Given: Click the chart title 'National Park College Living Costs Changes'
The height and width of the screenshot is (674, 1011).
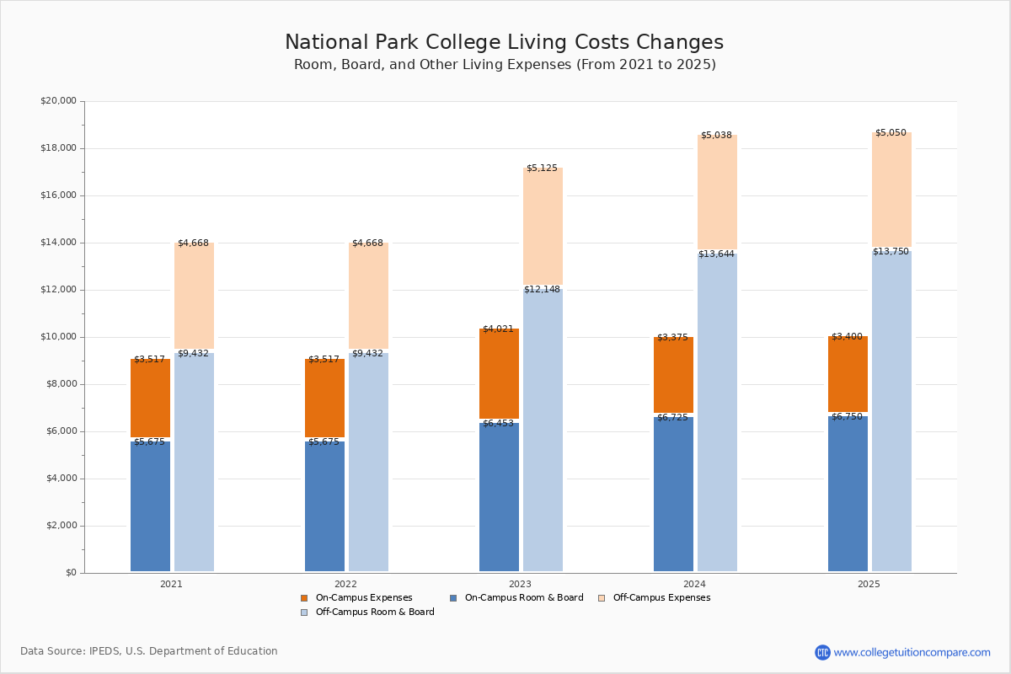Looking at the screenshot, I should (x=504, y=43).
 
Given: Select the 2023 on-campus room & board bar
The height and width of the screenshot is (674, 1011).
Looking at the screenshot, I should (x=499, y=497).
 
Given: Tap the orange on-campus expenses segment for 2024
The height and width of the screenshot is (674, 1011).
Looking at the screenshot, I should (x=673, y=375).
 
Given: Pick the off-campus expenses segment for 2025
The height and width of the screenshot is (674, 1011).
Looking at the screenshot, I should (x=891, y=190).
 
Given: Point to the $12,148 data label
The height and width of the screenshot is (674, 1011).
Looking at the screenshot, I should (x=542, y=290).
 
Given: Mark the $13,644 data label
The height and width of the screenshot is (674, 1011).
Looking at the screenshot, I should (x=716, y=254).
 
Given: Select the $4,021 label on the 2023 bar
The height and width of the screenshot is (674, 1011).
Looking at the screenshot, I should (x=498, y=329).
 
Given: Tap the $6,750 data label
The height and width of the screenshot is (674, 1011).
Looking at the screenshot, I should (x=847, y=417).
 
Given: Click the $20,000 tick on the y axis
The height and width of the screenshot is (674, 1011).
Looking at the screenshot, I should (x=58, y=101).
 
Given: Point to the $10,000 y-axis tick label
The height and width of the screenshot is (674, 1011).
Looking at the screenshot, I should (x=58, y=337).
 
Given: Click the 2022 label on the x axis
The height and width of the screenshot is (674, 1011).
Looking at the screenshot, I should (x=345, y=584).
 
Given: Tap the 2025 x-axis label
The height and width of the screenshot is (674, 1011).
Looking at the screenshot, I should (x=869, y=584).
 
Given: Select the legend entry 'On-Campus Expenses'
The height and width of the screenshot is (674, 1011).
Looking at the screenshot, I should (x=363, y=598).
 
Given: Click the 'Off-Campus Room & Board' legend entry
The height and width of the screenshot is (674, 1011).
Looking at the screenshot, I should (x=374, y=612).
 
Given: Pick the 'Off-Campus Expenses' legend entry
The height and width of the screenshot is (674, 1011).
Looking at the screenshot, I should (x=661, y=598).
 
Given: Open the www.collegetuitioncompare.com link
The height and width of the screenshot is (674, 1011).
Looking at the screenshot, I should (x=912, y=652).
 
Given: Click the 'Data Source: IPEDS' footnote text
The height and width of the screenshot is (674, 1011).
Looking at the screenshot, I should (x=149, y=651).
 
